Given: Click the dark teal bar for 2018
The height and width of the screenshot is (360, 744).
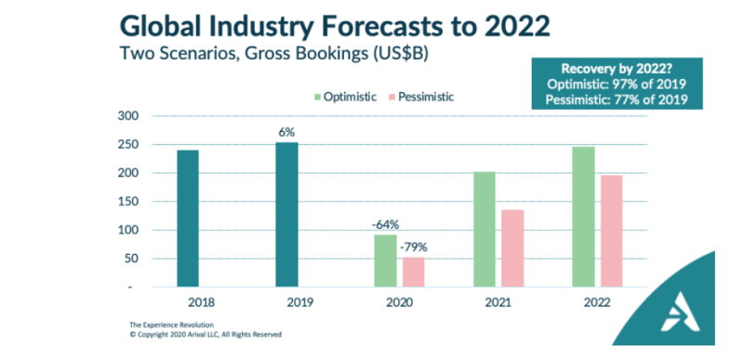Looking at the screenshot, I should [x=187, y=219].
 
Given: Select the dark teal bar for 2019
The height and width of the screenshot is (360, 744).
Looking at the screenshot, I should [x=287, y=215].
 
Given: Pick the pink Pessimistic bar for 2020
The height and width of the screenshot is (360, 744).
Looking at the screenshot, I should [x=413, y=272].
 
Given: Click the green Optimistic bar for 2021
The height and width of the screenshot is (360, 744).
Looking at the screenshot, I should [x=485, y=230].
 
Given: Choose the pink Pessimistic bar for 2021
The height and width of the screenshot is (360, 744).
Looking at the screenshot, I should [x=511, y=248].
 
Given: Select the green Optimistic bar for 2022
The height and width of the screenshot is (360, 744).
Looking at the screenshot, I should [x=583, y=217].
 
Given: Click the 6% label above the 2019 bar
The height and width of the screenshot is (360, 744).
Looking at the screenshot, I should [x=286, y=132].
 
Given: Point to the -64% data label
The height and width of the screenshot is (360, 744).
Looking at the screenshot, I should [x=386, y=224].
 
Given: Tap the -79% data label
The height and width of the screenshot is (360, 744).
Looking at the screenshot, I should [x=413, y=247].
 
